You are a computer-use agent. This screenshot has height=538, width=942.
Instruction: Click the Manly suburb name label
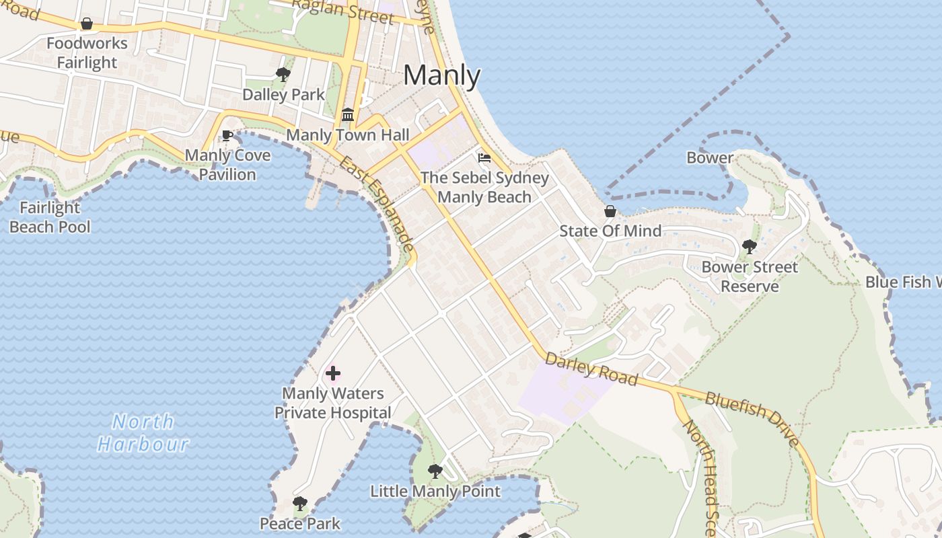(442, 75)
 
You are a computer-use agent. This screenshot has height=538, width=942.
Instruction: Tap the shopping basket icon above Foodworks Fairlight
(87, 24)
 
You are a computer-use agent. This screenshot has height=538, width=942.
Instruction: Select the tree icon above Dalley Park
(283, 74)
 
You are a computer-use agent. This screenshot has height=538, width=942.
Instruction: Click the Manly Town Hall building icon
(348, 114)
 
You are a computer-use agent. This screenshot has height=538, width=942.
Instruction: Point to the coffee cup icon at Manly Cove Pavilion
(227, 135)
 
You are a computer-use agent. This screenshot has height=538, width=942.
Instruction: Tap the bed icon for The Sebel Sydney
(484, 159)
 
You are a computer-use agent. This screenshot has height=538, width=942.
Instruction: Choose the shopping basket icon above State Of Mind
(610, 211)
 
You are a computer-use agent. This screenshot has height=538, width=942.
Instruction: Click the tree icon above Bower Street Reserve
(749, 247)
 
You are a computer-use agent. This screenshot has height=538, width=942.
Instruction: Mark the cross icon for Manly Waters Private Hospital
(333, 373)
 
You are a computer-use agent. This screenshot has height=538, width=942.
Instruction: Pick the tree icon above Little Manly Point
(435, 471)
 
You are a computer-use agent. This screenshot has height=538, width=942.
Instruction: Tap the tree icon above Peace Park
(300, 504)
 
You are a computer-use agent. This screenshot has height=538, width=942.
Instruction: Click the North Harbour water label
(143, 432)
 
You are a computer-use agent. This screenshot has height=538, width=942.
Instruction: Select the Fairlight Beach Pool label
(50, 217)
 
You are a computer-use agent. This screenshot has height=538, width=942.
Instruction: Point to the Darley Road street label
(591, 369)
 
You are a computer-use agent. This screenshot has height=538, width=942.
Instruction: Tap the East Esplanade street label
(377, 204)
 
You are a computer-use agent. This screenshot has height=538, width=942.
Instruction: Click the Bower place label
(710, 158)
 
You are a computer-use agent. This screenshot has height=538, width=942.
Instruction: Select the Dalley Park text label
(283, 95)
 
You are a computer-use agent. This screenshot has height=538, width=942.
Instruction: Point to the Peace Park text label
(300, 523)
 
